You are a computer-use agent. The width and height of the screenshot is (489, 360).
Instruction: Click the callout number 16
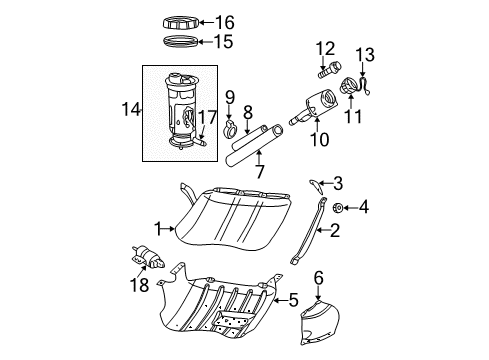tap(225, 21)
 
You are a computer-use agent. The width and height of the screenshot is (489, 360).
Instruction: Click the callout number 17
tap(207, 117)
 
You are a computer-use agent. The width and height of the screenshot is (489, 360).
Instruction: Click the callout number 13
tap(365, 53)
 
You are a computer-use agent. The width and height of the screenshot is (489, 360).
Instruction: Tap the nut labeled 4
tap(339, 208)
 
